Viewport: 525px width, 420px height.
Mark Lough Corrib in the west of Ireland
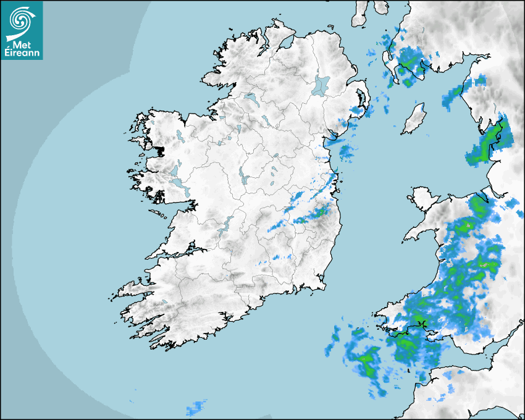[175, 170]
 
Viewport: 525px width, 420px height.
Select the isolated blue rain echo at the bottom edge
[196, 408]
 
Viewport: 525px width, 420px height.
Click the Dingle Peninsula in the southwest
[133, 290]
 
